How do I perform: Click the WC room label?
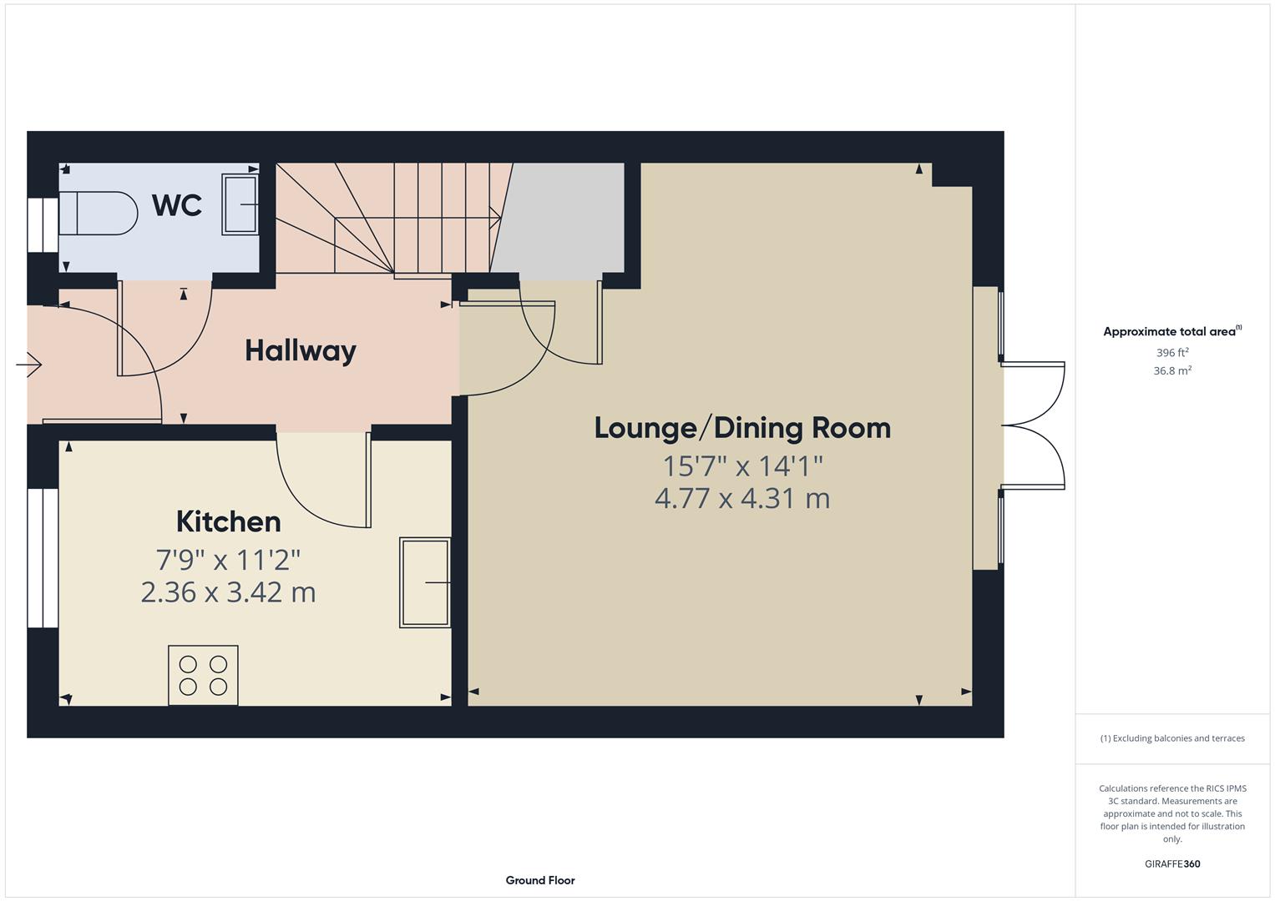[177, 204]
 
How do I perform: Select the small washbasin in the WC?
[240, 204]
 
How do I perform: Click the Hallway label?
[301, 350]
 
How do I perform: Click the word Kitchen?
[228, 521]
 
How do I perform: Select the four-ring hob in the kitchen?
[203, 675]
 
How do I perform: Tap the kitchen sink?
[425, 582]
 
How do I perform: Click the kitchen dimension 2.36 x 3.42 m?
[228, 592]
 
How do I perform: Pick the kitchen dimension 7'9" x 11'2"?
[228, 558]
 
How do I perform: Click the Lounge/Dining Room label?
[742, 428]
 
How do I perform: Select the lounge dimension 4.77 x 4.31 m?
[742, 499]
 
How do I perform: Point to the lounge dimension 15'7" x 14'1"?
[742, 465]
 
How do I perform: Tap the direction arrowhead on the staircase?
[497, 219]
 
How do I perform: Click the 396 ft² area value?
[1172, 353]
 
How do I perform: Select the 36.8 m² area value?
[1172, 371]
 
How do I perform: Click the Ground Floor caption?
[540, 880]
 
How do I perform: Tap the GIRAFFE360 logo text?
[1172, 863]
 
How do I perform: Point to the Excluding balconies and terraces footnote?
[1172, 738]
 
